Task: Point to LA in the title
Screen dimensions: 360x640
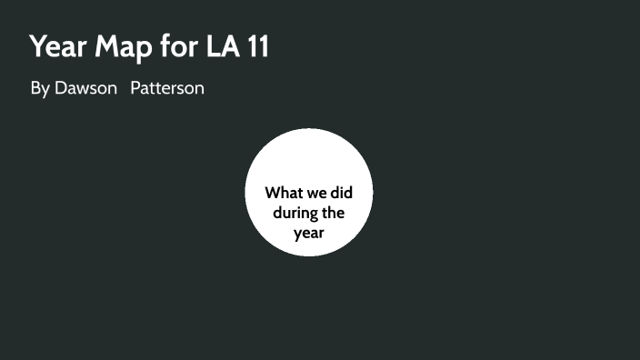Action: tap(226, 46)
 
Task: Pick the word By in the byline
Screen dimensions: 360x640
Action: tap(40, 89)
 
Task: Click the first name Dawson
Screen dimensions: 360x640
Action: tap(86, 89)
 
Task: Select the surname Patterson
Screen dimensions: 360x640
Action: tap(167, 89)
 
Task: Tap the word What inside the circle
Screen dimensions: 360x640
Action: tap(284, 193)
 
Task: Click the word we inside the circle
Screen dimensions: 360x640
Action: tap(317, 193)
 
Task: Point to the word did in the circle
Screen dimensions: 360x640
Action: tap(342, 193)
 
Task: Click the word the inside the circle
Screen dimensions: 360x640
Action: tap(333, 213)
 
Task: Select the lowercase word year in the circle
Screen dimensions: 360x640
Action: tap(309, 233)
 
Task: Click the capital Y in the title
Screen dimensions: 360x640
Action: tap(37, 46)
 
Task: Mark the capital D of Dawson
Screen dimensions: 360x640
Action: tap(62, 89)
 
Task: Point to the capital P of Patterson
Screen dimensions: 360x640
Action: tap(135, 89)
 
